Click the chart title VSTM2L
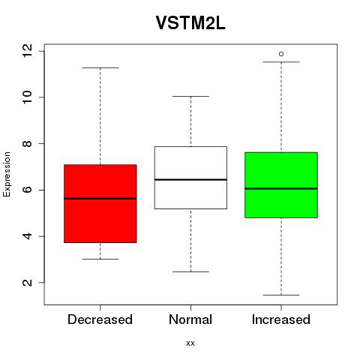[190, 23]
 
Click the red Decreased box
[100, 203]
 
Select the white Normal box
[190, 178]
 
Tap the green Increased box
[281, 185]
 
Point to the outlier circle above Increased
[281, 54]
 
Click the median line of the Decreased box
[100, 199]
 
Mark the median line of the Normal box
[190, 179]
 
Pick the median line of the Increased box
[281, 189]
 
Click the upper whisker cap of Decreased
[100, 67]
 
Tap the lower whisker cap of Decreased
[100, 259]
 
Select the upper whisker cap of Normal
[190, 96]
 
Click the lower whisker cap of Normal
[190, 271]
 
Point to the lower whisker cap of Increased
[281, 295]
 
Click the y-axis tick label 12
[28, 51]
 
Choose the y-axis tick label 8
[28, 143]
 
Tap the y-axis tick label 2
[28, 283]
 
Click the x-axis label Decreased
[100, 319]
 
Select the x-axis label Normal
[190, 319]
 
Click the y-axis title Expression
[7, 174]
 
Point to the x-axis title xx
[190, 343]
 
